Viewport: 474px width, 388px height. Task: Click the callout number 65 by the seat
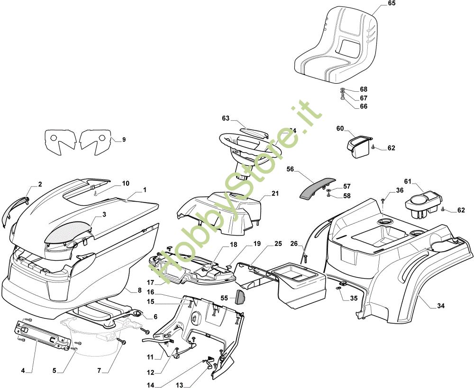[x=391, y=3]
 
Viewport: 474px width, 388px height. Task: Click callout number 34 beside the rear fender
[x=441, y=306]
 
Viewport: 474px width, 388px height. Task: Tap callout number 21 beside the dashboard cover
[x=276, y=194]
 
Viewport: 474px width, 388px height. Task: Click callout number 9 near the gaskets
[x=124, y=140]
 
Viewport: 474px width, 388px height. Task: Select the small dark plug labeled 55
[x=240, y=297]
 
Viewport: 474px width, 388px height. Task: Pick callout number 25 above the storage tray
[x=278, y=244]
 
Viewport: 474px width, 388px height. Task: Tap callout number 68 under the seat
[x=364, y=89]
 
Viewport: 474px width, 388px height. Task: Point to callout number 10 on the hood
[x=125, y=183]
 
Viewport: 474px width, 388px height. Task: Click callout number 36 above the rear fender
[x=400, y=191]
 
